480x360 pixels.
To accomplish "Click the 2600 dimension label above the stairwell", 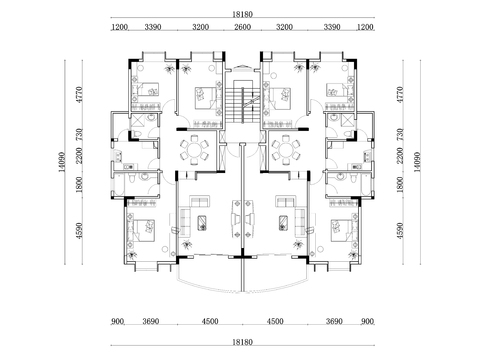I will pos(242,29).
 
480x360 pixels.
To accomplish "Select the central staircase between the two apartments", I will pos(241,100).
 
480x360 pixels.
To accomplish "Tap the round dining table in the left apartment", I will pos(193,151).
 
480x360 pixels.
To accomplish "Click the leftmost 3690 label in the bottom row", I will pos(150,321).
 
